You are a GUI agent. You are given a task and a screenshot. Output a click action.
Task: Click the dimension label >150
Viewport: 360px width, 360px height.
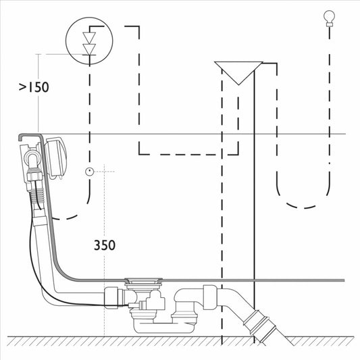[x=34, y=87]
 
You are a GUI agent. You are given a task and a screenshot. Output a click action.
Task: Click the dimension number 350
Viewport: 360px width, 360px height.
[x=105, y=245]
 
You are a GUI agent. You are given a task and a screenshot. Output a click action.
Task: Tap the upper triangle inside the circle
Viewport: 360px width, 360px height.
[x=89, y=38]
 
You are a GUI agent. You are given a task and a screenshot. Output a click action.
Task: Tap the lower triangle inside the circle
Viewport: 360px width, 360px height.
[x=89, y=49]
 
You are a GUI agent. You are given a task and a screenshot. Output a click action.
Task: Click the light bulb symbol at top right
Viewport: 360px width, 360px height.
[x=329, y=19]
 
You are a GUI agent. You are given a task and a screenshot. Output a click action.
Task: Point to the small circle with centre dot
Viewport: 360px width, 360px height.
[x=90, y=172]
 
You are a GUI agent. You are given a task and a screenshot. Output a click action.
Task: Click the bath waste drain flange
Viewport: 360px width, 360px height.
[x=143, y=280]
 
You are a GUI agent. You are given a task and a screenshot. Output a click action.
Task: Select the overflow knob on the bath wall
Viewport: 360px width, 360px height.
[x=54, y=158]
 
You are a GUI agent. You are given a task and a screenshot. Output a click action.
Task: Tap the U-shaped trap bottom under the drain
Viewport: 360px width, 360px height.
[x=163, y=328]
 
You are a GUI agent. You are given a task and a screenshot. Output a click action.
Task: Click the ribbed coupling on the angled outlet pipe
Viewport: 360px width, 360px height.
[x=259, y=326]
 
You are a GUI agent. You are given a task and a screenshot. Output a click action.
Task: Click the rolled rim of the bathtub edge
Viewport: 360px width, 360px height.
[x=30, y=136]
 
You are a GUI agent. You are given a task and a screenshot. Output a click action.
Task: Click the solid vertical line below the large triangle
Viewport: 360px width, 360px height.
[x=254, y=206]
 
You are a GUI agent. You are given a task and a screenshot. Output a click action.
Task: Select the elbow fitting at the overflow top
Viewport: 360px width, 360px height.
[x=32, y=159]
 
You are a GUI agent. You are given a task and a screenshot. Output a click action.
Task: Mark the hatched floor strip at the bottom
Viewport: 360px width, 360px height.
[x=180, y=341]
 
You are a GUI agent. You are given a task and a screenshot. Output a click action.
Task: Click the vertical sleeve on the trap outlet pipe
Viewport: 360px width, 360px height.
[x=210, y=298]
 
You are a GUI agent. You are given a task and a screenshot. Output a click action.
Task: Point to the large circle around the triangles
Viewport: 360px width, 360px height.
[x=89, y=17]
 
